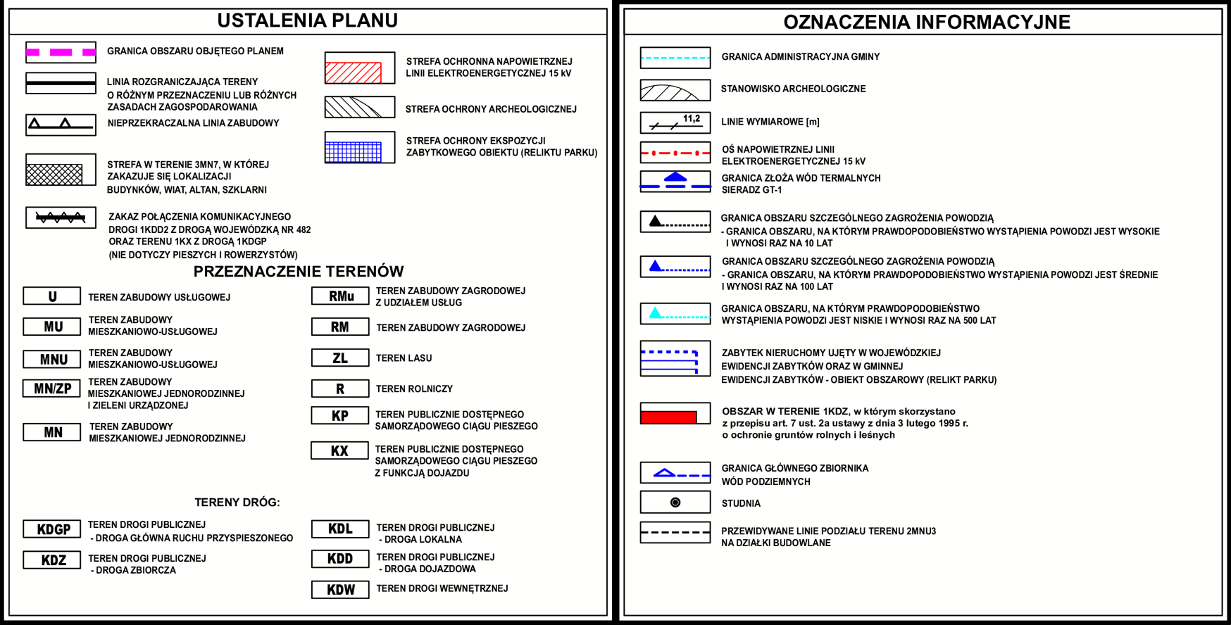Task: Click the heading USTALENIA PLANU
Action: [x=307, y=21]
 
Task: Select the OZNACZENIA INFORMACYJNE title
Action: [x=926, y=23]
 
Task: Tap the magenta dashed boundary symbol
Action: [x=61, y=52]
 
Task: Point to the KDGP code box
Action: [x=52, y=529]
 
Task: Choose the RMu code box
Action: [x=340, y=296]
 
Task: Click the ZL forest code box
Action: [x=340, y=358]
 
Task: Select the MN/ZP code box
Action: [x=52, y=389]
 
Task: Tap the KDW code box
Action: [x=340, y=590]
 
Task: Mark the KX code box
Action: [x=339, y=451]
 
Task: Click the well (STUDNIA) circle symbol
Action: [x=675, y=503]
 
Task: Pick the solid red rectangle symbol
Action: [x=668, y=417]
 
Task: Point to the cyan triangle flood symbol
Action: [x=656, y=313]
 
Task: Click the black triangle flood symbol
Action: [x=656, y=221]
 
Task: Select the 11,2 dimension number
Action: [x=692, y=119]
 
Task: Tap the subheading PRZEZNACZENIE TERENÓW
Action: [x=299, y=272]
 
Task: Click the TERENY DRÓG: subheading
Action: [x=237, y=503]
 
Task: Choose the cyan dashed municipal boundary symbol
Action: [x=675, y=58]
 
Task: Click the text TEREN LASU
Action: [x=404, y=358]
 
